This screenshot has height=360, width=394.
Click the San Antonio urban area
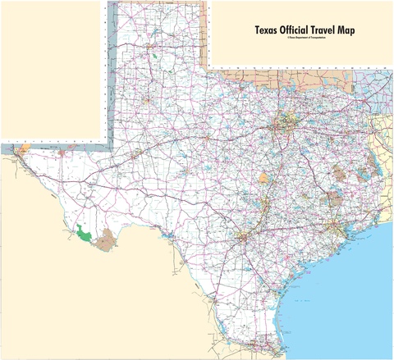tap(242, 239)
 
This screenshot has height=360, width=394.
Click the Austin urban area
tap(264, 208)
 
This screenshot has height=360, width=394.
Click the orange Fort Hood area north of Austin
tap(263, 178)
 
